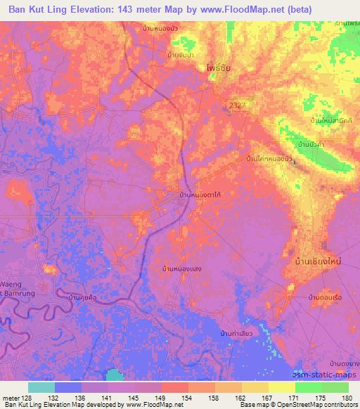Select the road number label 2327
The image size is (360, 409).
[236, 105]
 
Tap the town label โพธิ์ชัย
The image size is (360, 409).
[220, 69]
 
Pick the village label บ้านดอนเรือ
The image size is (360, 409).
[326, 298]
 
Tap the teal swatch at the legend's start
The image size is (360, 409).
[41, 387]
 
